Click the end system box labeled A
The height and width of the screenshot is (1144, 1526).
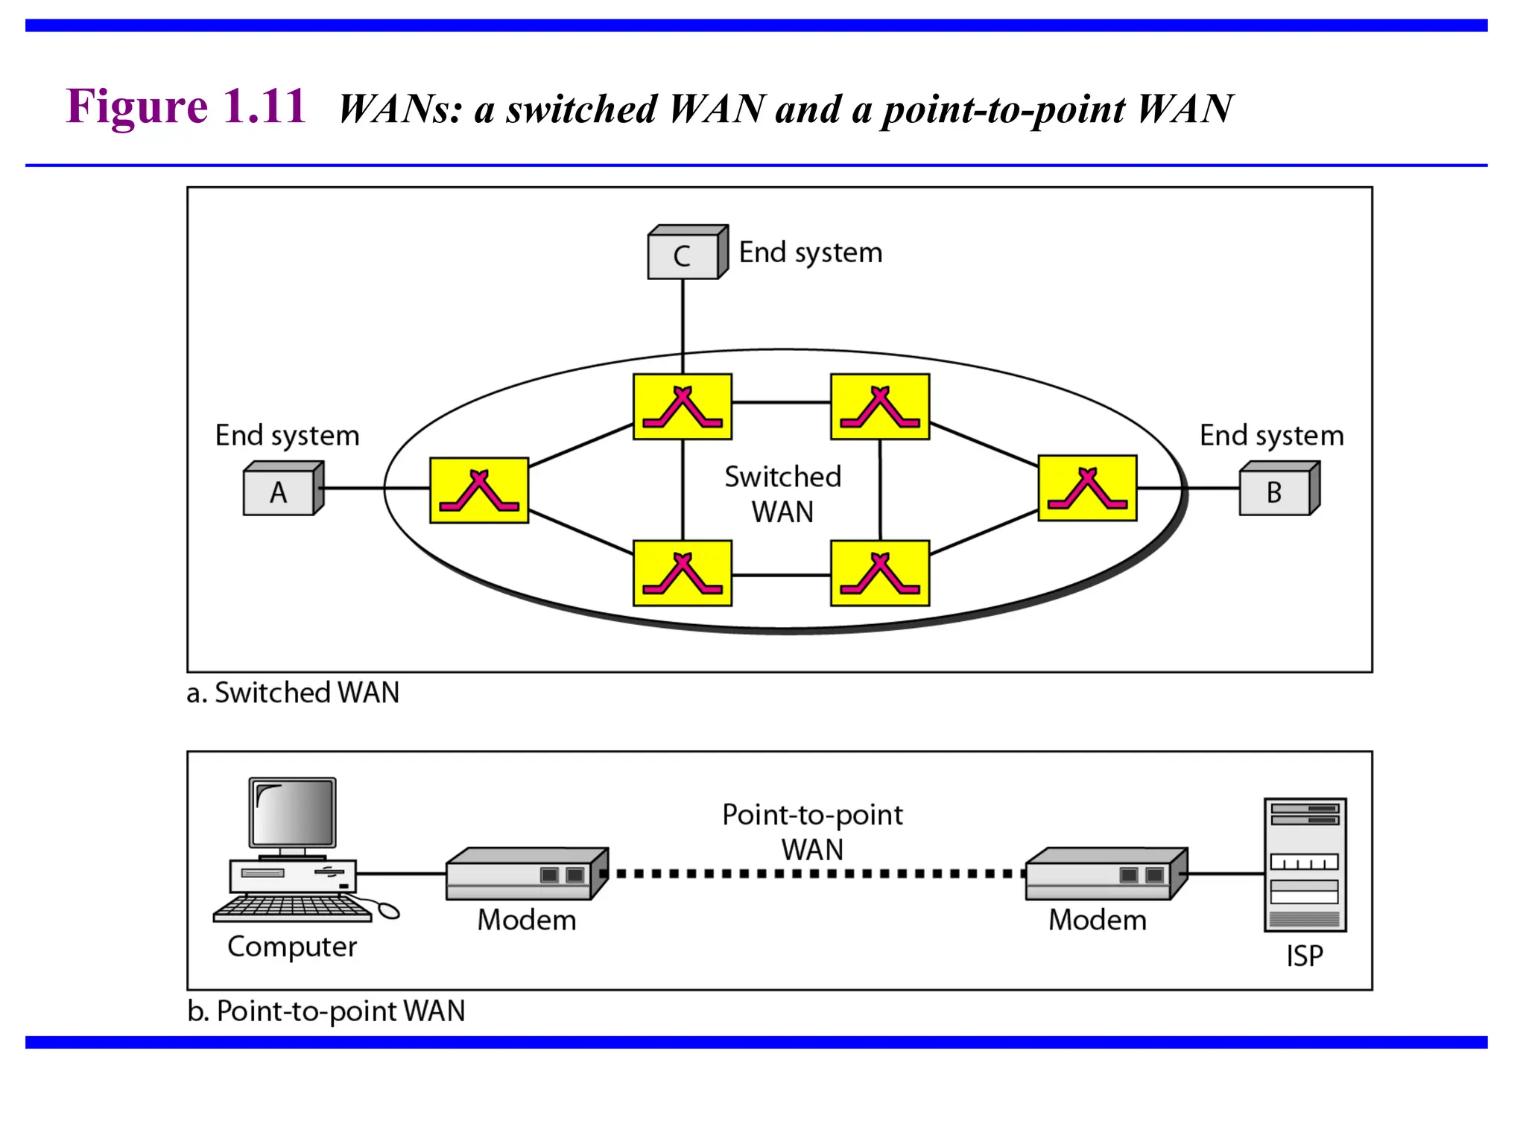pyautogui.click(x=280, y=492)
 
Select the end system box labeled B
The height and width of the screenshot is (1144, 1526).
pyautogui.click(x=1276, y=492)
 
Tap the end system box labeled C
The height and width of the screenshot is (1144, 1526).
pyautogui.click(x=683, y=255)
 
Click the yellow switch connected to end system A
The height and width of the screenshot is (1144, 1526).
pyautogui.click(x=479, y=490)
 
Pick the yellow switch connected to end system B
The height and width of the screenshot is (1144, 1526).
pyautogui.click(x=1087, y=488)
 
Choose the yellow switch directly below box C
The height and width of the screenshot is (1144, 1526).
pyautogui.click(x=683, y=407)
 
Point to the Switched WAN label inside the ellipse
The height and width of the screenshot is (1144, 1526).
pyautogui.click(x=782, y=494)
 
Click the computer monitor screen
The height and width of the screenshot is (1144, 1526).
pyautogui.click(x=293, y=813)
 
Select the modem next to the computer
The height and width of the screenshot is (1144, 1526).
pyautogui.click(x=526, y=874)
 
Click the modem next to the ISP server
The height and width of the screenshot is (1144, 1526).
pyautogui.click(x=1105, y=874)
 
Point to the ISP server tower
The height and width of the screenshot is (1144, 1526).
pyautogui.click(x=1305, y=865)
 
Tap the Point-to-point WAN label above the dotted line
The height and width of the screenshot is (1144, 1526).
pyautogui.click(x=812, y=831)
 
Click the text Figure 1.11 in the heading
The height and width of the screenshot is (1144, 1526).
pyautogui.click(x=186, y=106)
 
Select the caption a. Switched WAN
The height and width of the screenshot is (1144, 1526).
pyautogui.click(x=293, y=693)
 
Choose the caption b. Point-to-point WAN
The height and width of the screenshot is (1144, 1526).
pyautogui.click(x=326, y=1011)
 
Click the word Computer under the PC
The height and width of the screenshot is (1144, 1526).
pyautogui.click(x=292, y=947)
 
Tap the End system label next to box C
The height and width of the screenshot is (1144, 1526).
pyautogui.click(x=811, y=252)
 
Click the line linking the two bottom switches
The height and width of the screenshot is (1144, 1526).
pyautogui.click(x=781, y=575)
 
